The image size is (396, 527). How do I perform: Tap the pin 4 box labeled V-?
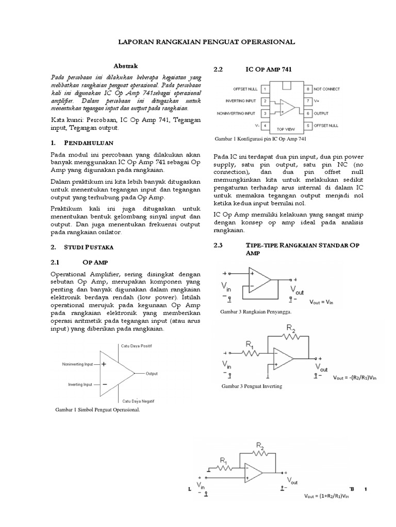click(x=264, y=125)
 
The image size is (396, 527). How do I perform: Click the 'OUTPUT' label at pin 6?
click(x=322, y=113)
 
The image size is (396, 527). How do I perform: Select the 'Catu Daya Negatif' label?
click(x=138, y=400)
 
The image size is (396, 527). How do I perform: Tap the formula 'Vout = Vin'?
click(x=322, y=302)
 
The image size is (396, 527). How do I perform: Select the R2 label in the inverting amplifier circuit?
click(x=292, y=327)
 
